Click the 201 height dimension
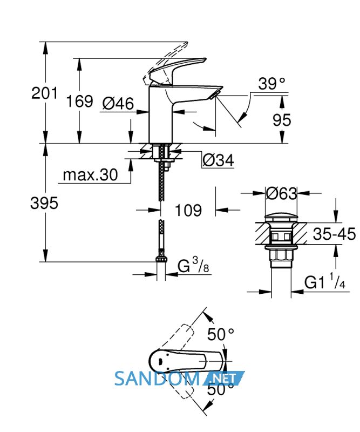[x=44, y=93]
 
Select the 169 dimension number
[x=79, y=101]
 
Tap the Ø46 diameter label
[x=118, y=104]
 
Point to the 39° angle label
[x=271, y=84]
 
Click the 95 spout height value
[x=282, y=120]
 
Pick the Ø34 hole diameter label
[x=219, y=160]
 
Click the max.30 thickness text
[x=90, y=174]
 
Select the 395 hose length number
[x=44, y=204]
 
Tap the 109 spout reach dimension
[x=188, y=211]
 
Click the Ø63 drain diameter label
[x=282, y=193]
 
